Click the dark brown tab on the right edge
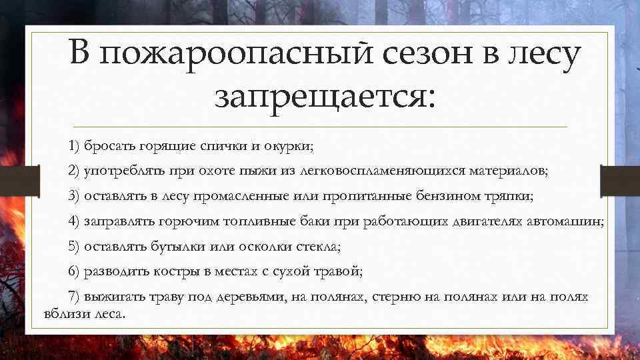(x=620, y=181)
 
